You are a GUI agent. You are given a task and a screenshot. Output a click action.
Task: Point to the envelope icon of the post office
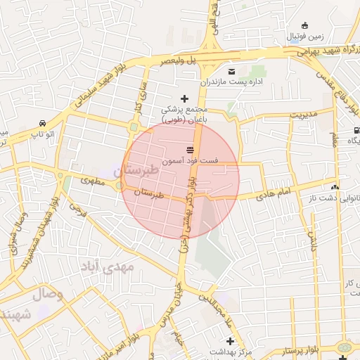pyautogui.click(x=232, y=71)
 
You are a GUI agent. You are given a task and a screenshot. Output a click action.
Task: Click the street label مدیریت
pyautogui.click(x=304, y=114)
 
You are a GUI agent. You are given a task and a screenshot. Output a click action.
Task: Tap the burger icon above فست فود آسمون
pyautogui.click(x=190, y=150)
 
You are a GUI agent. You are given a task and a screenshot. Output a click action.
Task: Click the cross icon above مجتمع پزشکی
pyautogui.click(x=186, y=98)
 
